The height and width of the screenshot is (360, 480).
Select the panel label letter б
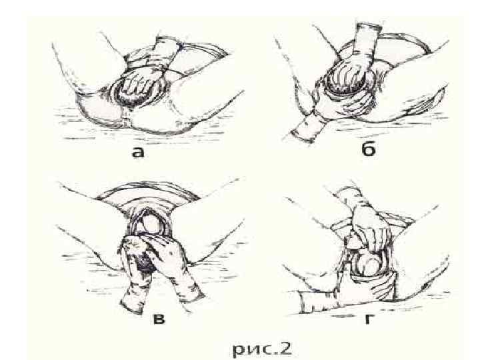[x=368, y=149]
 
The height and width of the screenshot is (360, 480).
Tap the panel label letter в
[x=158, y=319]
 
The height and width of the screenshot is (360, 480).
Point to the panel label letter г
[x=369, y=319]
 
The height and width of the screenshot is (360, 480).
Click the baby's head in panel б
[x=345, y=82]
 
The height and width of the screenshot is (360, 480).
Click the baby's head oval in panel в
[x=152, y=225]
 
